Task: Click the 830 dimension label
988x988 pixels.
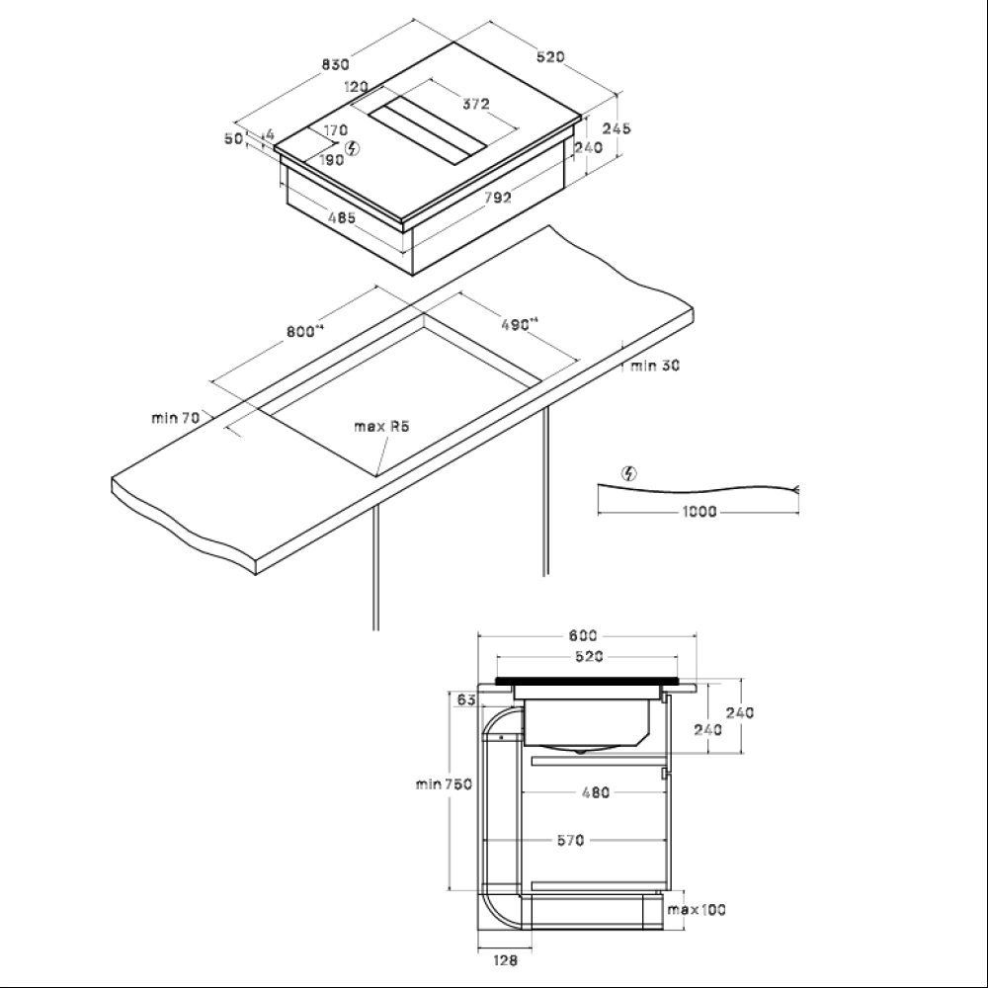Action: pyautogui.click(x=335, y=64)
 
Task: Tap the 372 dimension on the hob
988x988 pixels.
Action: pyautogui.click(x=476, y=104)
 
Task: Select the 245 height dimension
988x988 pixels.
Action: pyautogui.click(x=617, y=127)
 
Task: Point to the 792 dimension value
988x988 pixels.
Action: pyautogui.click(x=498, y=198)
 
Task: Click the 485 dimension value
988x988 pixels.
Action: pyautogui.click(x=342, y=218)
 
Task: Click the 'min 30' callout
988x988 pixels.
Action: pyautogui.click(x=655, y=366)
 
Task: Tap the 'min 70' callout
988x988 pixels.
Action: pyautogui.click(x=176, y=417)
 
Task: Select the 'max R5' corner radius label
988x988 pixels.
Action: pyautogui.click(x=381, y=427)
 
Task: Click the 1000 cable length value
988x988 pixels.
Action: pyautogui.click(x=700, y=511)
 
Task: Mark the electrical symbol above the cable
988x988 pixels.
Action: pyautogui.click(x=628, y=473)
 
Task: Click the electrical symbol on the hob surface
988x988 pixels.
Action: pyautogui.click(x=354, y=149)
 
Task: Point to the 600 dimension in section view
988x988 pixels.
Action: pyautogui.click(x=583, y=635)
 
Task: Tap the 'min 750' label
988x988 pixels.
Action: pyautogui.click(x=444, y=784)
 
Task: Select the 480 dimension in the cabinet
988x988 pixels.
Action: pyautogui.click(x=596, y=792)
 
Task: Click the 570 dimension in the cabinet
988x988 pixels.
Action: pyautogui.click(x=570, y=840)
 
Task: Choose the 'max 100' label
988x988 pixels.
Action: pyautogui.click(x=697, y=910)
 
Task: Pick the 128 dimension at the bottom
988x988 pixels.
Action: pyautogui.click(x=505, y=960)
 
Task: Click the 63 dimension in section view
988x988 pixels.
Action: pyautogui.click(x=467, y=700)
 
